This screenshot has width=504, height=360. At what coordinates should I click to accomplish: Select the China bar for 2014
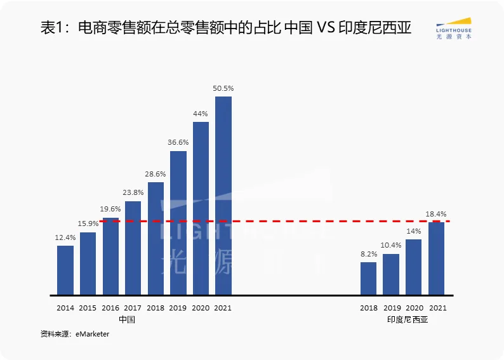point(65,270)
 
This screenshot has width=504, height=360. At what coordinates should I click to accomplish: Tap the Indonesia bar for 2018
point(368,279)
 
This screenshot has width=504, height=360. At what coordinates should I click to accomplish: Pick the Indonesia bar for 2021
point(437,258)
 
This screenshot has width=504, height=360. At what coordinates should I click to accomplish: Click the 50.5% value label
point(223,88)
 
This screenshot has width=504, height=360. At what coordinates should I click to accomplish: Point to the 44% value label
point(201,114)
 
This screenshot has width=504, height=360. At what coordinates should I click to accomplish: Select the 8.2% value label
point(369,254)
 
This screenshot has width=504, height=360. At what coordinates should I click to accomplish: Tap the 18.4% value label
point(437,214)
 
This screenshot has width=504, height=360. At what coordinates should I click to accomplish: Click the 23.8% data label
point(133,193)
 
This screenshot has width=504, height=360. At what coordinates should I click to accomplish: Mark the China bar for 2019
point(178,223)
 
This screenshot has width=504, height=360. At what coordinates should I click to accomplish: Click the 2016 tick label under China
point(110,308)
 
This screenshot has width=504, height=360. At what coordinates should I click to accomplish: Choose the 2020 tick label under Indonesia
point(414,308)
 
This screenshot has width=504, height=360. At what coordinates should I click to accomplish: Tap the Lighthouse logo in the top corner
point(454,29)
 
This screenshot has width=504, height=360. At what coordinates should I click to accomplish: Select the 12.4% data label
point(65,237)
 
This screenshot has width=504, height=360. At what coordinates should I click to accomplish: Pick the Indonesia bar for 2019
point(391,275)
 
